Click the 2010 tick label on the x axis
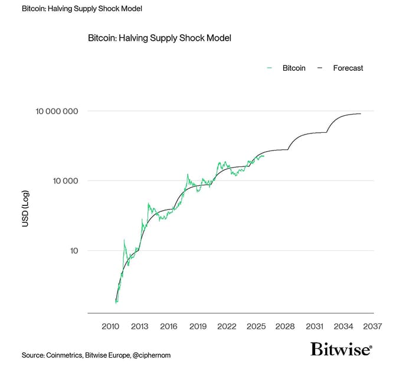110,326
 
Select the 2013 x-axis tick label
139,326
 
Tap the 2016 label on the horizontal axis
168,326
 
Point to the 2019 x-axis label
198,326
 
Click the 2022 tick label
227,326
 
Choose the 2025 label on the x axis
256,326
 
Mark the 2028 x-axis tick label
285,326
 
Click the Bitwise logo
341,349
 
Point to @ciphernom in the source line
150,355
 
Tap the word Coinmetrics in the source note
66,355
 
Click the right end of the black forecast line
361,114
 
